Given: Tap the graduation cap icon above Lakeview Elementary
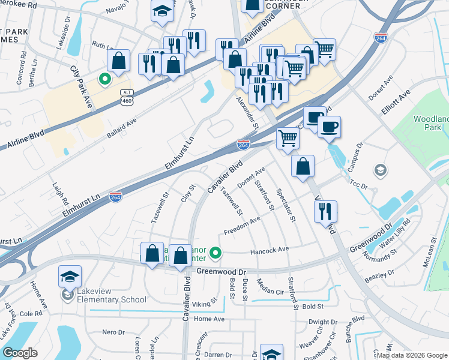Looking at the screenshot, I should tap(70, 277).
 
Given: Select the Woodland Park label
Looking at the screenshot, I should tap(431, 124).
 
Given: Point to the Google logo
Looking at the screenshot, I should tap(20, 352).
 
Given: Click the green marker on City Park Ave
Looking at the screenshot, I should tap(104, 79).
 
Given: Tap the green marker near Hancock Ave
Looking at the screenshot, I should tap(218, 254).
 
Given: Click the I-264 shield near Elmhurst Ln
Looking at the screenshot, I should tap(116, 197).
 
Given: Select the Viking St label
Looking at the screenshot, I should tap(204, 304).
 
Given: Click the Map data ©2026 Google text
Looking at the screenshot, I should tap(411, 355).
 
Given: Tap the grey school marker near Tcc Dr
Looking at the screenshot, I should tap(379, 170).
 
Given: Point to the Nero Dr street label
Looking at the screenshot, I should tap(112, 332).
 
